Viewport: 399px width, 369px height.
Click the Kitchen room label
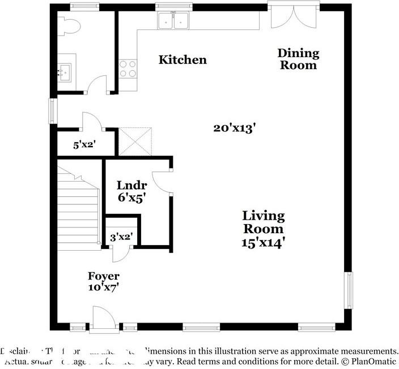click(x=182, y=59)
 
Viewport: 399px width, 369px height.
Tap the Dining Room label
click(x=298, y=59)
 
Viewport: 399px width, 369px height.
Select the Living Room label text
click(x=264, y=222)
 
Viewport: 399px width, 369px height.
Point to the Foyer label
click(x=103, y=276)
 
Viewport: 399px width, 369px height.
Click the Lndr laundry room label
click(x=131, y=186)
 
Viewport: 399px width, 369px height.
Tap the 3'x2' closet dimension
click(x=120, y=237)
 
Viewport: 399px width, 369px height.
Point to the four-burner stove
click(x=128, y=68)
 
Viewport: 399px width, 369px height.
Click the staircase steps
click(x=78, y=207)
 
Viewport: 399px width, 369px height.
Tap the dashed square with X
click(x=134, y=141)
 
